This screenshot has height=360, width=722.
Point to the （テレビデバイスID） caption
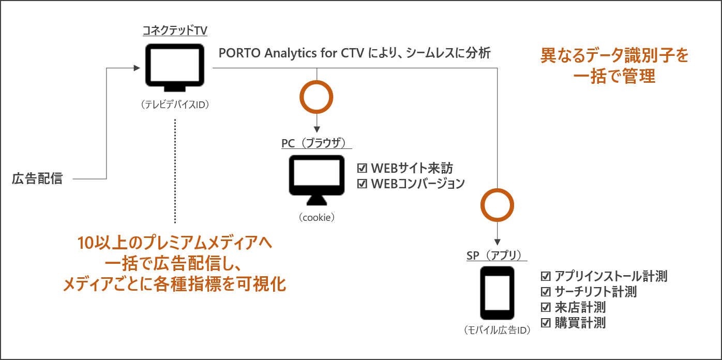tap(175, 104)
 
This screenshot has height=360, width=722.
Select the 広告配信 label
tap(37, 179)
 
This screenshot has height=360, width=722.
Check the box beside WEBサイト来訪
tap(362, 169)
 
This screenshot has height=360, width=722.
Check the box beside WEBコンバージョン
tap(362, 183)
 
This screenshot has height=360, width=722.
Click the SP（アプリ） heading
tap(497, 256)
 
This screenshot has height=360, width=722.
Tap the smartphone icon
tap(497, 293)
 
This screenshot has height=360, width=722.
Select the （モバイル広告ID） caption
tap(497, 330)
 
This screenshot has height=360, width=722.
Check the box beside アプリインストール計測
tap(546, 276)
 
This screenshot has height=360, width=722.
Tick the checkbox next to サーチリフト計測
tap(546, 292)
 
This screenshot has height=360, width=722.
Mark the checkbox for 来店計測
tap(546, 307)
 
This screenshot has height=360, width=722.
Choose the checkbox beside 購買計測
tap(546, 323)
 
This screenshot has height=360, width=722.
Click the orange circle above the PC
tap(317, 97)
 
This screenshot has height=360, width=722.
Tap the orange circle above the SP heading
tap(497, 205)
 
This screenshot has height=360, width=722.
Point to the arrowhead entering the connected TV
tap(137, 68)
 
